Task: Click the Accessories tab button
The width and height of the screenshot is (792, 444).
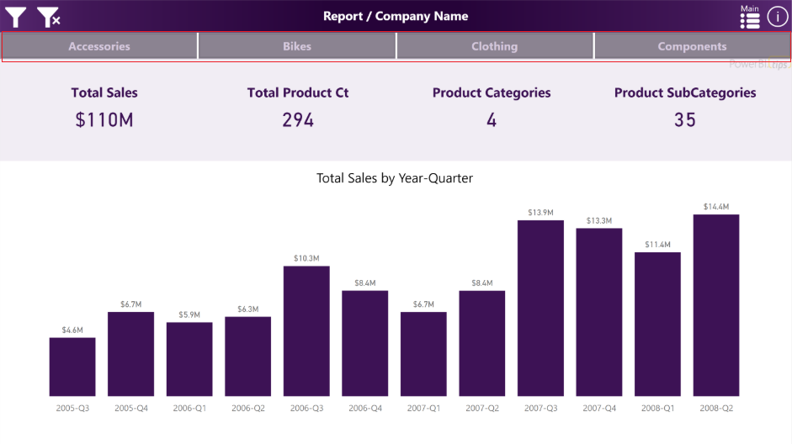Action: pos(99,46)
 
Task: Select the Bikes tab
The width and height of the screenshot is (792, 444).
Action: pos(297,46)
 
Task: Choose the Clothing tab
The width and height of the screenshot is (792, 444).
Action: pos(495,46)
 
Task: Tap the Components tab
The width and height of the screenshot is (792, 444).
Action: pos(692,46)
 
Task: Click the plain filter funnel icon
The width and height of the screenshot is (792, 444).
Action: pos(16,17)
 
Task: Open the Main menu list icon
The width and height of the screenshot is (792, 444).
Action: pos(749,19)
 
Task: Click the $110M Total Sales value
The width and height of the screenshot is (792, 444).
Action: pos(104,120)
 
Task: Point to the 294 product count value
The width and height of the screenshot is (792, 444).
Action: pos(298,120)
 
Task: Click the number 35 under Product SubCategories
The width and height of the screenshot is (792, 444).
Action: pos(685,120)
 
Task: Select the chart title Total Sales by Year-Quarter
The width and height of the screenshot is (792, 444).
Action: pos(395,178)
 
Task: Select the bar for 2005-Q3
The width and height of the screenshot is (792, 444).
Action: pos(72,367)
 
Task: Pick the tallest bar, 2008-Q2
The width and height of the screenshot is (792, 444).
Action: pos(716,304)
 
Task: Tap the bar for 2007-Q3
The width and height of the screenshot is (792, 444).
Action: pos(540,308)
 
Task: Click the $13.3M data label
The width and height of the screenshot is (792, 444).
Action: pos(599,220)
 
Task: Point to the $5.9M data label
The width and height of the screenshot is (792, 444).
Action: pos(189,314)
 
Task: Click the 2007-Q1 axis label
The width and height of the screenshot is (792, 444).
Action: pos(423,408)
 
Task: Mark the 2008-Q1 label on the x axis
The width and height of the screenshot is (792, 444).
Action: pos(657,408)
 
